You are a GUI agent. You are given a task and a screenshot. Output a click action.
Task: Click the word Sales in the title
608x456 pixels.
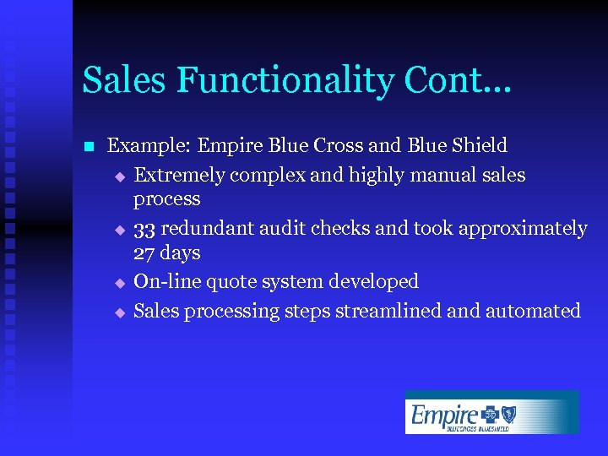117,80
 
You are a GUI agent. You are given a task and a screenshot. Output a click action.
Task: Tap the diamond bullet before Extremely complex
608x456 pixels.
120,176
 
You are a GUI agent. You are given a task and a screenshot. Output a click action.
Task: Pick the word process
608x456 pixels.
167,199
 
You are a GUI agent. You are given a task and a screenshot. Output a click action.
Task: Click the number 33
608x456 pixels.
144,229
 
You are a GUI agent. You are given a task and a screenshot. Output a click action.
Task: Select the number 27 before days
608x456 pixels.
144,252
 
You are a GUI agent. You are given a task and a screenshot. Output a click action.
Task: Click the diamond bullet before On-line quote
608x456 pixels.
120,283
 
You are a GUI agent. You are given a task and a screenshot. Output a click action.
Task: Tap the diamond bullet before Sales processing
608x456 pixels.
120,312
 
